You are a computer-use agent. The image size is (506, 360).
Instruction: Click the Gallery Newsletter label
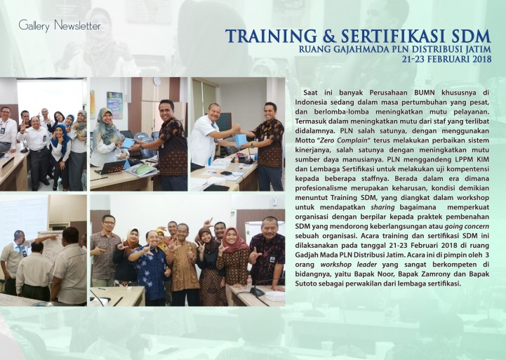tap(60, 25)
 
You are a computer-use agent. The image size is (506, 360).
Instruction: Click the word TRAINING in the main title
tap(271, 36)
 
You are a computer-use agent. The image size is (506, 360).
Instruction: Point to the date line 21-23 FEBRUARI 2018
tap(446, 59)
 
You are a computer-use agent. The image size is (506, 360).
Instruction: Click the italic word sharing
tap(382, 207)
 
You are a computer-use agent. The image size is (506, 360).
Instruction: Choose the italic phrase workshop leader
tap(349, 265)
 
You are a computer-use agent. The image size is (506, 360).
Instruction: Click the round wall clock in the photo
tap(157, 81)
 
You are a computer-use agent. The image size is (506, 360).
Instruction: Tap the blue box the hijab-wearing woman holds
tap(128, 143)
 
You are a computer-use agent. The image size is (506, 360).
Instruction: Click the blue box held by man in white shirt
tap(241, 140)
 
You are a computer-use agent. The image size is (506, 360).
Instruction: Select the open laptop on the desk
tap(112, 167)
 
